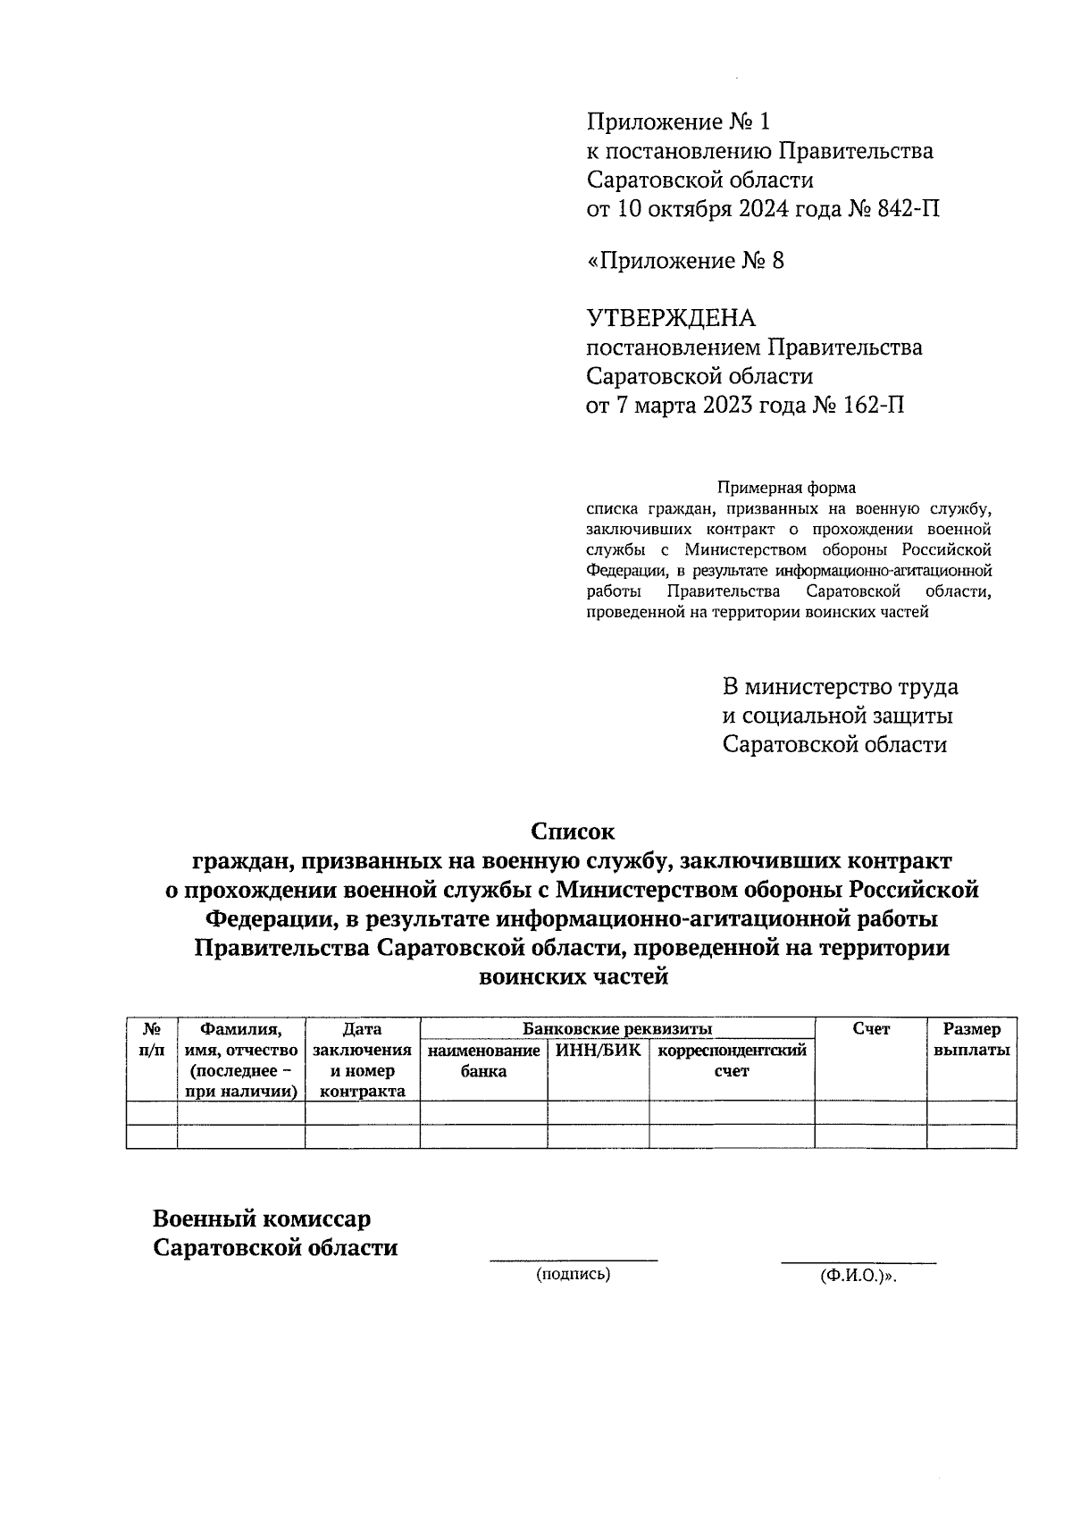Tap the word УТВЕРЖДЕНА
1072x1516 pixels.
(x=671, y=318)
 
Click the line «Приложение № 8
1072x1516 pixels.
(x=685, y=261)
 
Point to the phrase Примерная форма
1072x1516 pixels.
(x=786, y=488)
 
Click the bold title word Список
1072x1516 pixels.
(x=573, y=832)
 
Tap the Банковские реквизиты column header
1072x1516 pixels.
(x=617, y=1028)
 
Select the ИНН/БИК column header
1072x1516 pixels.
(x=598, y=1051)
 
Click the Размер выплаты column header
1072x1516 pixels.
(x=971, y=1040)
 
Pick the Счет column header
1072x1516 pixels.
(x=870, y=1029)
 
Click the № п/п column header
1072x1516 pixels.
(x=152, y=1040)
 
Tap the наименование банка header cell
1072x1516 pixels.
(x=483, y=1060)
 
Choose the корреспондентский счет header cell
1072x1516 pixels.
(x=732, y=1060)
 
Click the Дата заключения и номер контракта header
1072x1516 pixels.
(x=362, y=1060)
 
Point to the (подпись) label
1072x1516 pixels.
(x=573, y=1275)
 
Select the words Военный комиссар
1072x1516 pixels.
(x=262, y=1219)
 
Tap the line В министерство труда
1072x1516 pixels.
(x=840, y=687)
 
